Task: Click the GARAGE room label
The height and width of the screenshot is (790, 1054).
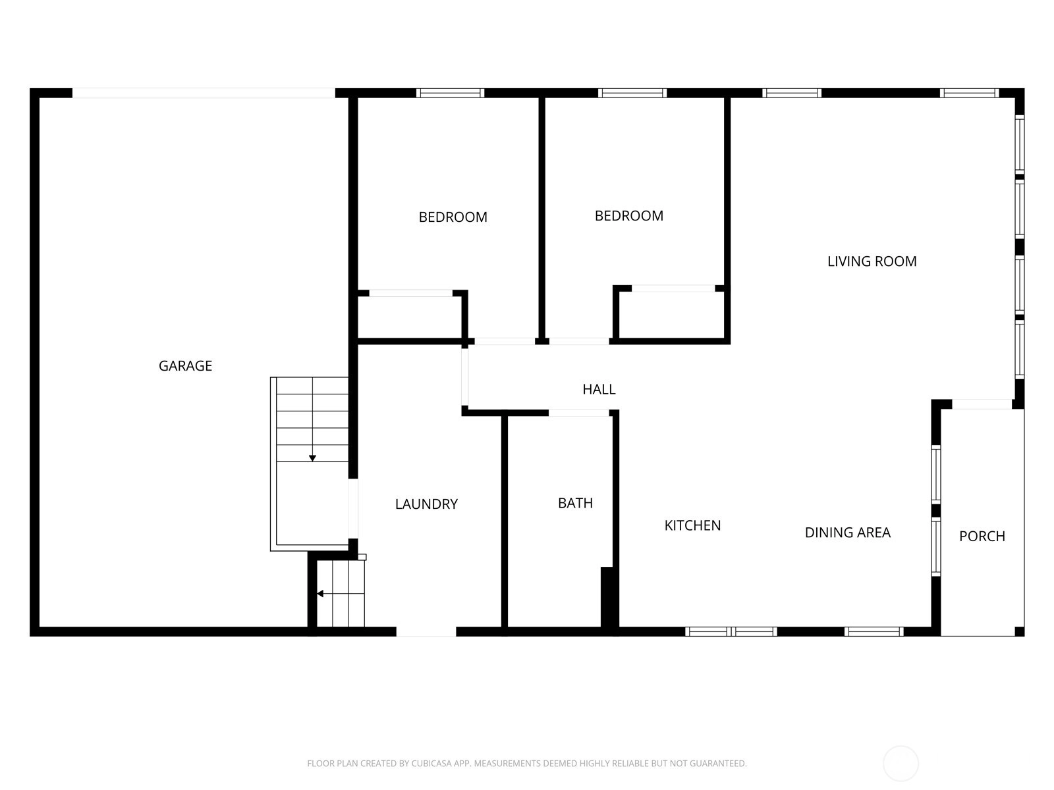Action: pos(185,366)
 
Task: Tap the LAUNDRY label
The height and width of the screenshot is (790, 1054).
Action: pos(426,504)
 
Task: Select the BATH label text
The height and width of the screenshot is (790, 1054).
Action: pos(575,503)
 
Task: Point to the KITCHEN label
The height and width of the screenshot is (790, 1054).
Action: pos(692,526)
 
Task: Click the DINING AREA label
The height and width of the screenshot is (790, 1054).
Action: pos(848,533)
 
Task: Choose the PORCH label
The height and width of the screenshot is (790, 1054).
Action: pos(982,537)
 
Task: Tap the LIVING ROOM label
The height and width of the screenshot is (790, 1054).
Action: pos(872,261)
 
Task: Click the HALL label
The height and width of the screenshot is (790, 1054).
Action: pos(599,389)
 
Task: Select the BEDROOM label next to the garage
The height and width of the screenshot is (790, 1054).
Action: pos(453,217)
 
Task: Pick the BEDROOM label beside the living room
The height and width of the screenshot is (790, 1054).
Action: pos(629,216)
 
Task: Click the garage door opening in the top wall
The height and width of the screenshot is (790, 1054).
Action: pos(204,93)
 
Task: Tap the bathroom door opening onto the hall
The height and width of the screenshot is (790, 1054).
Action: pos(578,413)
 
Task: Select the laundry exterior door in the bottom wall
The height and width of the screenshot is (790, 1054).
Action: pos(426,632)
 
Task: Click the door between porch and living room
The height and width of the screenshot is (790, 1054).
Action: pos(982,404)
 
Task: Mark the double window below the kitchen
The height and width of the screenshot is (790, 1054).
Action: pos(731,632)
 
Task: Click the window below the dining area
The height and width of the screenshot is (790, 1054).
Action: pos(874,632)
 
